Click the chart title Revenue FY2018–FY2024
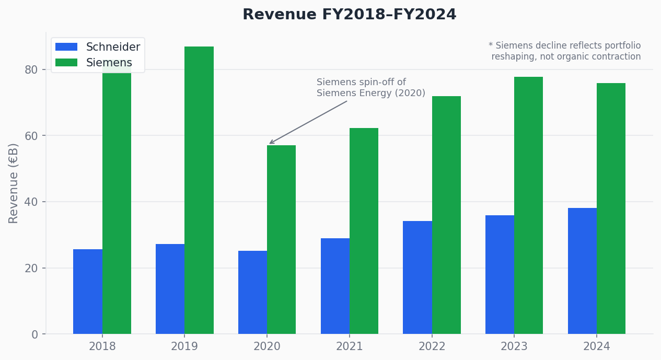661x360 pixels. pos(349,15)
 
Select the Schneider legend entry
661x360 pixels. pos(98,47)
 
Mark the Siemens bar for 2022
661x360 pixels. pos(446,215)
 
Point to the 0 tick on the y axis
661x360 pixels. pos(34,334)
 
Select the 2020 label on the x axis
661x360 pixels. pos(267,346)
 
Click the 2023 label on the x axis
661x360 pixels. pos(514,346)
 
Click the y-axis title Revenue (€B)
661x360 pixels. pos(14,183)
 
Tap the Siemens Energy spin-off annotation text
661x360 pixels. pos(370,88)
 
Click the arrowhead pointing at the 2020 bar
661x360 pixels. pos(271,143)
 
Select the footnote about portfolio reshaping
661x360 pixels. pos(565,51)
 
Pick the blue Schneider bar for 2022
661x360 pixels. pos(418,277)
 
